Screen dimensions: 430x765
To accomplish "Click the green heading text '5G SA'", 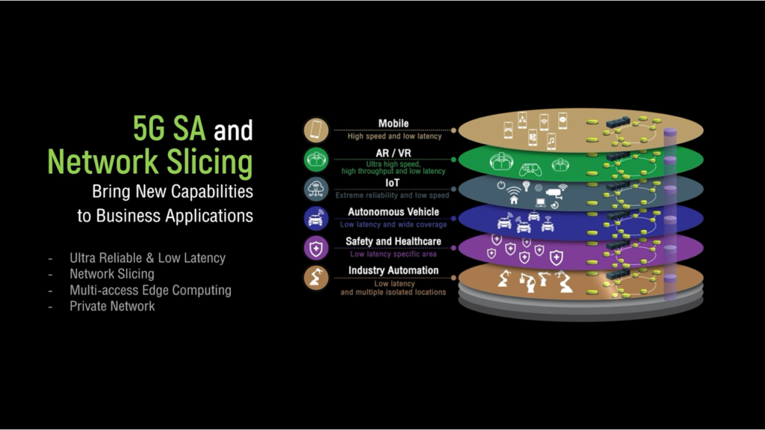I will tap(170, 129).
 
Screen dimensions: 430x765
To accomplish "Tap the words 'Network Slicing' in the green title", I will tap(149, 161).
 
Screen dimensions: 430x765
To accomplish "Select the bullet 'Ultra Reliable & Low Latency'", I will tap(147, 258).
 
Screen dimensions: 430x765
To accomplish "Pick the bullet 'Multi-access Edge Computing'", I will tap(150, 290).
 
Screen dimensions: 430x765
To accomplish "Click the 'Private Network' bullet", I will tap(112, 305).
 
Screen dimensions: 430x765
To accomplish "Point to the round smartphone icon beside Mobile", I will tap(316, 130).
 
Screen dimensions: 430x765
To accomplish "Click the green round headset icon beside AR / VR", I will tap(316, 160).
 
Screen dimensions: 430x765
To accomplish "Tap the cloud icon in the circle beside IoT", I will tap(316, 189).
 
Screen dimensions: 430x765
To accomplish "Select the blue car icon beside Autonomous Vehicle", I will tap(316, 218).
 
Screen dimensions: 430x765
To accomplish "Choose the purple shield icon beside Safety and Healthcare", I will tap(316, 247).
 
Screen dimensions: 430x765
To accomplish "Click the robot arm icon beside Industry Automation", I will tap(316, 277).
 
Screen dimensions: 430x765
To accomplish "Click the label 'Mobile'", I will tap(394, 124).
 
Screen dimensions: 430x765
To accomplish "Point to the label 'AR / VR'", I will tap(394, 153).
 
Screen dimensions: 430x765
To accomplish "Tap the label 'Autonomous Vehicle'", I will tap(394, 212).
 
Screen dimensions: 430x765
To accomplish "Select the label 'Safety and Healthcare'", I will tap(394, 241).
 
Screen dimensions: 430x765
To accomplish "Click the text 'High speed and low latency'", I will tap(394, 136).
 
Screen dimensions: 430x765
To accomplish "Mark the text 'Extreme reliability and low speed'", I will tap(393, 196).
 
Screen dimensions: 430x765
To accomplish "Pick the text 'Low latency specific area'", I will tap(394, 254).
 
